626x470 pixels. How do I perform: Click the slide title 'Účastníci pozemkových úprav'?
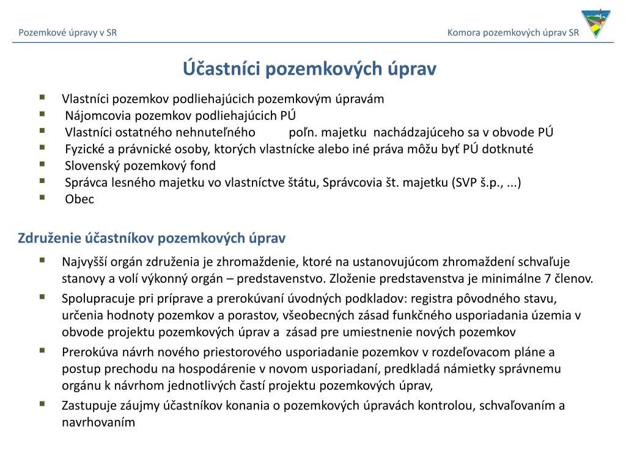point(311,69)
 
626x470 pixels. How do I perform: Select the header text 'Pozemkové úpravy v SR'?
point(68,32)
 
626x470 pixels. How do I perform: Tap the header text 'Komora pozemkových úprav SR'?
point(513,32)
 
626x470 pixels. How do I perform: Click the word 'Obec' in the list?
point(79,199)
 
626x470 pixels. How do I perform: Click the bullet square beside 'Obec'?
point(42,197)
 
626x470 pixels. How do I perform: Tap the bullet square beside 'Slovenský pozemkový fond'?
point(42,164)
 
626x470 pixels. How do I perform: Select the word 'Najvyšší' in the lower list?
point(84,263)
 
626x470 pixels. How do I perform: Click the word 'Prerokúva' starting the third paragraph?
point(87,352)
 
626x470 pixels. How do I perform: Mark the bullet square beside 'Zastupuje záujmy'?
point(42,403)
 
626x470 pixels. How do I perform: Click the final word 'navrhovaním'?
point(98,422)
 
